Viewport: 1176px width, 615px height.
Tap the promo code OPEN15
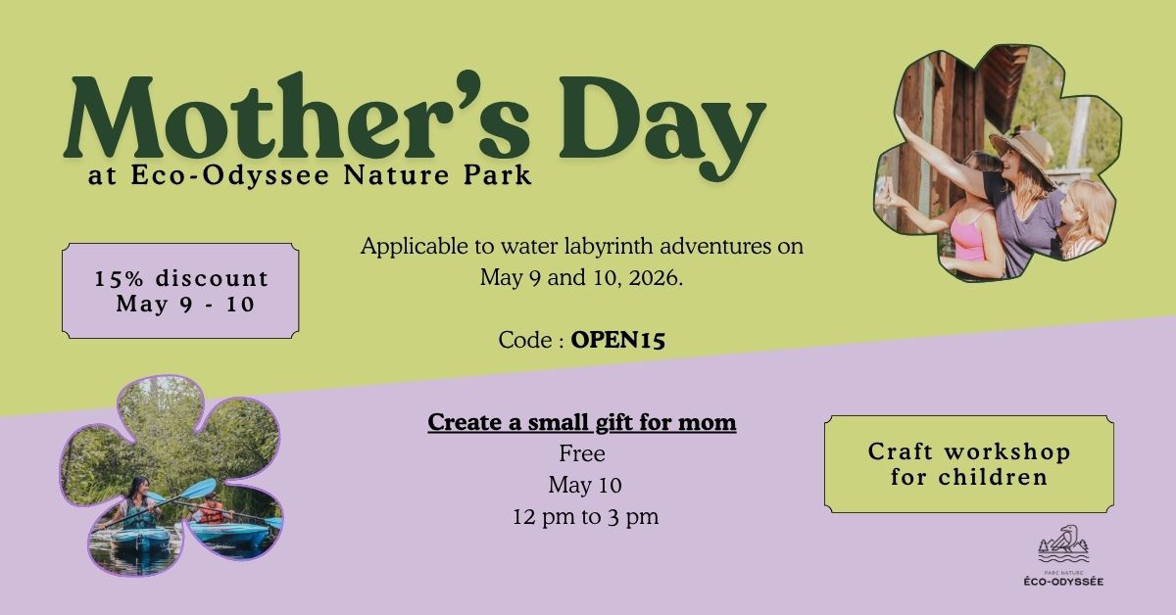tap(618, 340)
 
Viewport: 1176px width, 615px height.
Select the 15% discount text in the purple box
tap(181, 278)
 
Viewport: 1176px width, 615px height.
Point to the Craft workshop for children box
tap(968, 464)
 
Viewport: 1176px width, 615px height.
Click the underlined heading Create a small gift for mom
tap(582, 423)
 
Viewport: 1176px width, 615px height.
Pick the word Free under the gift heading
tap(582, 454)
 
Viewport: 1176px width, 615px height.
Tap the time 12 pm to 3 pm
tap(585, 517)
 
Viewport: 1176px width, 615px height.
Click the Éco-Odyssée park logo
tap(1063, 559)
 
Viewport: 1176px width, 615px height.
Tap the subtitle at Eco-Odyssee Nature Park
tap(310, 177)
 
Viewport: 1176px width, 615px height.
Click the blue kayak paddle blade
tap(200, 489)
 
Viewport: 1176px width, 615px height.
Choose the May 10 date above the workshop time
tap(585, 486)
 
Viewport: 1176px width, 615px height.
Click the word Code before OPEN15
tap(524, 340)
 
